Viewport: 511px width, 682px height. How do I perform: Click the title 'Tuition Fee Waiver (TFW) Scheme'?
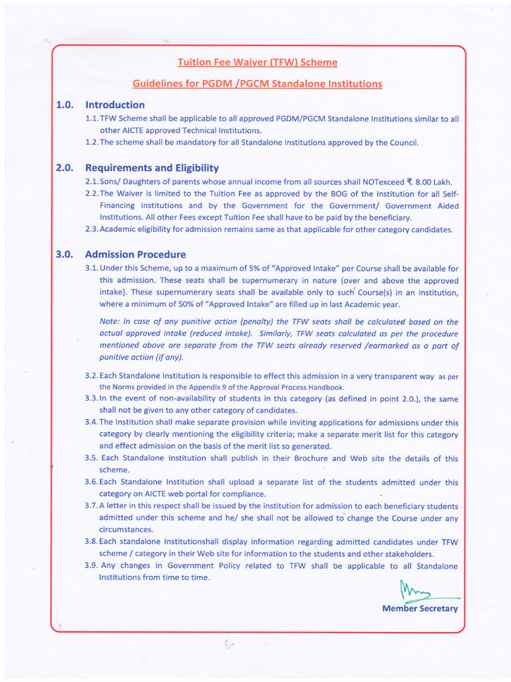click(x=257, y=63)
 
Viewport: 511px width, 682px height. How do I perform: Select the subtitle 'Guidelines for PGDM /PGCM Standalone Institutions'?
click(x=257, y=84)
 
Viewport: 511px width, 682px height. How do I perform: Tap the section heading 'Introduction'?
click(x=114, y=105)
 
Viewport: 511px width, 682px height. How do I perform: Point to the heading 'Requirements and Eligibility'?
click(x=152, y=168)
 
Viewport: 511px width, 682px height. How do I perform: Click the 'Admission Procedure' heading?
click(x=135, y=254)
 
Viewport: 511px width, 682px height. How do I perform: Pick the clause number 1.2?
click(x=92, y=143)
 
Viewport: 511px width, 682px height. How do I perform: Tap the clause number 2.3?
click(x=92, y=230)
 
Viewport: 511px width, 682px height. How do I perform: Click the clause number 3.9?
click(x=92, y=565)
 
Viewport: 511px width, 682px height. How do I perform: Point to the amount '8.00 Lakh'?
click(x=432, y=182)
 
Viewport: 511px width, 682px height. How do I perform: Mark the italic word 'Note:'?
click(x=110, y=322)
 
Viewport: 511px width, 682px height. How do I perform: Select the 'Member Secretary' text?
click(x=420, y=609)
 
